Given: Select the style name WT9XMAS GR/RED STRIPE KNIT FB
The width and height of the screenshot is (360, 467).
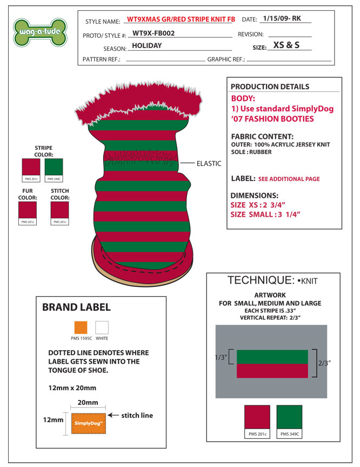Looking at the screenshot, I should click(181, 19).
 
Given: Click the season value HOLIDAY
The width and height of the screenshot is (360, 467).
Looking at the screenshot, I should click(147, 46).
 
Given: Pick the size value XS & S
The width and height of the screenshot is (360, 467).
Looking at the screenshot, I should click(286, 45).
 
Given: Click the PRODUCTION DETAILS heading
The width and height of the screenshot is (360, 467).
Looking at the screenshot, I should click(270, 87).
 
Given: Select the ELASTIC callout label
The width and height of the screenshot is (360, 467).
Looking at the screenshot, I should click(208, 163).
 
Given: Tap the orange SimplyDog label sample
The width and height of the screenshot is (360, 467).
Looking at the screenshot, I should click(89, 423).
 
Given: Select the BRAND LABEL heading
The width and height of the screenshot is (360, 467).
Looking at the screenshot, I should click(76, 308).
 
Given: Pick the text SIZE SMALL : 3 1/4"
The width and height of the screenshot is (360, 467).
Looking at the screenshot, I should click(265, 215).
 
